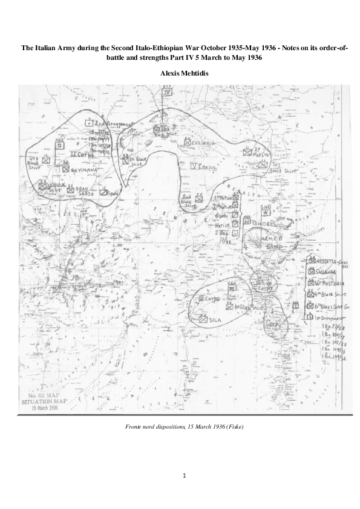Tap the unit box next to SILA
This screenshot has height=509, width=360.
[x=203, y=320]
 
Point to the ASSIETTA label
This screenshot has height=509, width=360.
[x=329, y=261]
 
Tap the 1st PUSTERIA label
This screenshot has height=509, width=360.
[x=330, y=283]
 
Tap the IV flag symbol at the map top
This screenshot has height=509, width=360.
[x=168, y=92]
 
